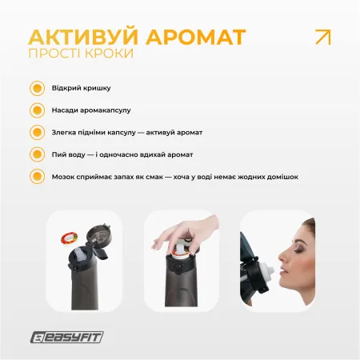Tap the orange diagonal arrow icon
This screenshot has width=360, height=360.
322,37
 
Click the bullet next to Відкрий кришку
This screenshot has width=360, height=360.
37,89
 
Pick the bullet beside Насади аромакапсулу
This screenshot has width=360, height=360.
37,110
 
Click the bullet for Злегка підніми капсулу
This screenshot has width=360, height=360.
37,132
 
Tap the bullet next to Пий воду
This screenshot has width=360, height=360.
37,154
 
